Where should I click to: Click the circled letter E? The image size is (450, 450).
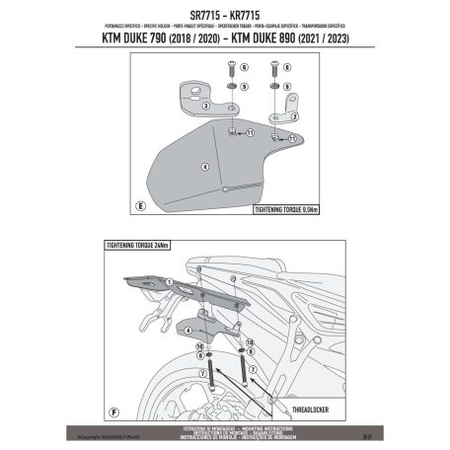pyautogui.click(x=141, y=205)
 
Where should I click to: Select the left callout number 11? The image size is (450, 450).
pyautogui.click(x=251, y=132)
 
